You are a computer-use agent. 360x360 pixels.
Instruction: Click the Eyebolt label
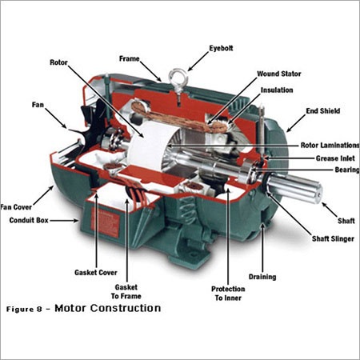[222, 46]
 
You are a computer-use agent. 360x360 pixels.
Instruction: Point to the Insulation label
[277, 90]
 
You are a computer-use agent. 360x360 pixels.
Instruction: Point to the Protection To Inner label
[228, 294]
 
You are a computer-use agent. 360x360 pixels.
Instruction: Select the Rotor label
[59, 61]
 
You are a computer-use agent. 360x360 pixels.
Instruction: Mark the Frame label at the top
[130, 58]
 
